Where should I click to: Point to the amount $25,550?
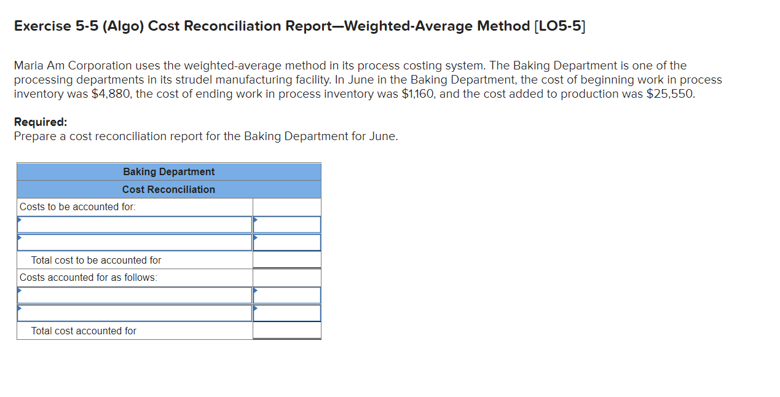click(x=671, y=94)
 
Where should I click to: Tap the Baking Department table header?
click(x=168, y=171)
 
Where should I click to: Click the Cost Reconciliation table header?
click(x=168, y=189)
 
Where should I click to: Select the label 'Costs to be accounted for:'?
click(x=77, y=206)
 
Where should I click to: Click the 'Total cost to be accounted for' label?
click(x=96, y=260)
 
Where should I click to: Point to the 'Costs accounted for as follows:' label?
click(x=88, y=277)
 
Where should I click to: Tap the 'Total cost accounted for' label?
click(x=84, y=331)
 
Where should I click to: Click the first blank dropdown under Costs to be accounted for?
click(x=135, y=224)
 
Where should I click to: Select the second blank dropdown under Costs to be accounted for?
click(x=135, y=242)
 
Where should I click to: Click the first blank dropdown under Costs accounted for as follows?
click(x=135, y=295)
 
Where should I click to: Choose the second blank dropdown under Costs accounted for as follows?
click(x=135, y=313)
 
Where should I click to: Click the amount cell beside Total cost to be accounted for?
click(x=286, y=260)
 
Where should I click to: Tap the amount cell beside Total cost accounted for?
click(x=286, y=331)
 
